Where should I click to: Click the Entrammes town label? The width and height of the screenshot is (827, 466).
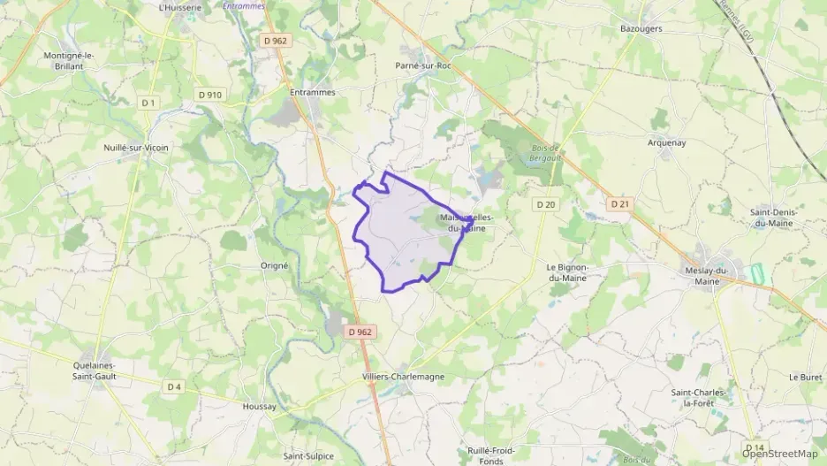coord(313,91)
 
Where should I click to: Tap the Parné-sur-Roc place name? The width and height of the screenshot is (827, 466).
coord(423,65)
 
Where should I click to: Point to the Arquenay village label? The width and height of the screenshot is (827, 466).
coord(666,142)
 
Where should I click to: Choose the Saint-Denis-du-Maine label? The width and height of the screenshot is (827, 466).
coord(772,217)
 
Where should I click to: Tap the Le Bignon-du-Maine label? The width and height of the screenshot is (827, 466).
coord(567,271)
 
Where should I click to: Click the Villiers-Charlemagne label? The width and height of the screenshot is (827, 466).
coord(403,377)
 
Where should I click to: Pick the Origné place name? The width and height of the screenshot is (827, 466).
coord(275,265)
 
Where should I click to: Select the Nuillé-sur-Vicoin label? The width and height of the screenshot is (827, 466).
coord(135,147)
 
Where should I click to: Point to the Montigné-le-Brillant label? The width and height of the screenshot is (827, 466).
coord(70,60)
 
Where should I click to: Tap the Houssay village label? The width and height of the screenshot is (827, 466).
coord(259,407)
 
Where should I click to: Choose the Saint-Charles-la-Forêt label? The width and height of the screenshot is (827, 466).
coord(698,397)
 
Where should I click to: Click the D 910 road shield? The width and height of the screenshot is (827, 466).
coord(209,95)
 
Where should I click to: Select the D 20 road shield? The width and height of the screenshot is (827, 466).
coord(545,204)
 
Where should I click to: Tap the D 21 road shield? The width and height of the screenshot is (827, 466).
coord(620,204)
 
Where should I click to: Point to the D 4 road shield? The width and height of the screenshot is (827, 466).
coord(173,386)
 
